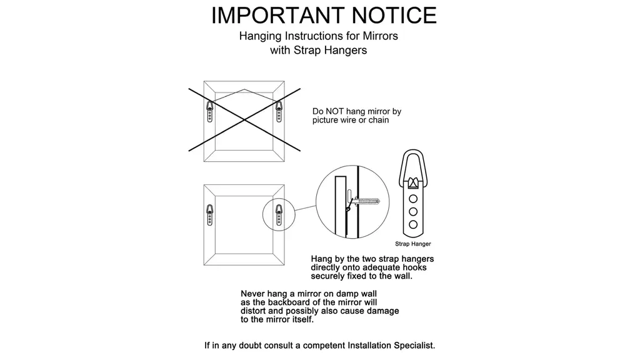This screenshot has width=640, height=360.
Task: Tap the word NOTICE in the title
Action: click(394, 16)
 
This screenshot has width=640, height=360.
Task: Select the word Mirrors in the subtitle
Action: click(380, 36)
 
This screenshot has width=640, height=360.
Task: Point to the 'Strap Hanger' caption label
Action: click(412, 244)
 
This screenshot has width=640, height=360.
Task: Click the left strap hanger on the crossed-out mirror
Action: click(210, 111)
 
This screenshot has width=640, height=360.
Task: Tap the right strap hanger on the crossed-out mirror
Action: click(279, 111)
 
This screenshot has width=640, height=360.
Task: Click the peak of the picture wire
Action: click(244, 89)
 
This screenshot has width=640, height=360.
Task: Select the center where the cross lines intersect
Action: click(244, 119)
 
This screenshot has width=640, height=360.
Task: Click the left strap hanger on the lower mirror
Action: click(210, 215)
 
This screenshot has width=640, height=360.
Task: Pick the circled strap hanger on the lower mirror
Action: click(279, 215)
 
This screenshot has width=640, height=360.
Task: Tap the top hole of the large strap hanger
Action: click(413, 199)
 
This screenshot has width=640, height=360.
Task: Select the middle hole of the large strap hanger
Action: click(413, 211)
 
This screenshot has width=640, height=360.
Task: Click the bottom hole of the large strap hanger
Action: click(413, 224)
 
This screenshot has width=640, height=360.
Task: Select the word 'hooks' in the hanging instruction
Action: click(414, 267)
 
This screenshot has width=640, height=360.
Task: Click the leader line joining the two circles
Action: click(305, 208)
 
